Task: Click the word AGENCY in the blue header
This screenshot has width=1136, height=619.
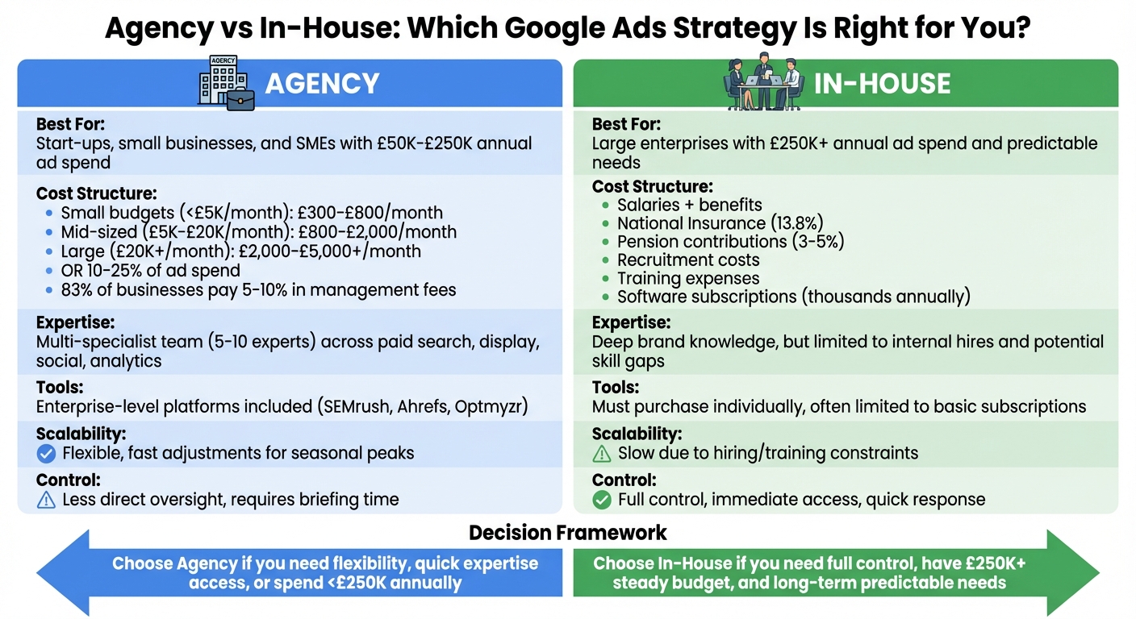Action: point(322,83)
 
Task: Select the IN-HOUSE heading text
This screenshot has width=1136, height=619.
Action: point(882,83)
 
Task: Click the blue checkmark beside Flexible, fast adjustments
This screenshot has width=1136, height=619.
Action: point(47,454)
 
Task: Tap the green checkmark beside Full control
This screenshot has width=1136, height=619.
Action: point(602,500)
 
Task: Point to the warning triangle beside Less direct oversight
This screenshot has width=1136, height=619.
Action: point(47,500)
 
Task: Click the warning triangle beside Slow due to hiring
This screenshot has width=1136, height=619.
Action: point(602,454)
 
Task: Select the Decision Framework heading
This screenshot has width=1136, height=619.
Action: point(567,533)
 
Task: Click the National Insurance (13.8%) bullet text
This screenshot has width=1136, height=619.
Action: point(720,223)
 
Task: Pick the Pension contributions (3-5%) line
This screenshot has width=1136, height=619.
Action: point(730,242)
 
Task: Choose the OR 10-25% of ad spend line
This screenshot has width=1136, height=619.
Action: point(150,271)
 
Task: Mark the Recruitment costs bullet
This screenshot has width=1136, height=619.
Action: point(688,260)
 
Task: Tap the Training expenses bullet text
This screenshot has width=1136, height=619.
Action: point(688,279)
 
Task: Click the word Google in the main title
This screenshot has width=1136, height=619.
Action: point(546,30)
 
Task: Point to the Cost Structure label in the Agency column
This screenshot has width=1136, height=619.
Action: point(96,193)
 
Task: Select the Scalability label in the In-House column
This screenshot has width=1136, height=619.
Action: point(637,434)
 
